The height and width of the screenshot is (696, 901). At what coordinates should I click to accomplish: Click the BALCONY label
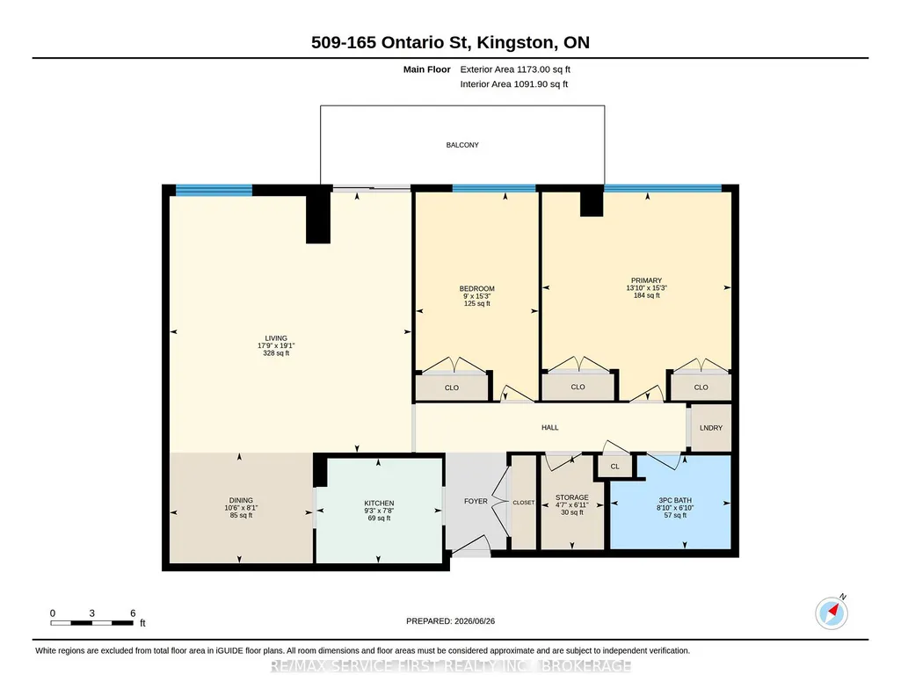462,145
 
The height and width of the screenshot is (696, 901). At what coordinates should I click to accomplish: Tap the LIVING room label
276,338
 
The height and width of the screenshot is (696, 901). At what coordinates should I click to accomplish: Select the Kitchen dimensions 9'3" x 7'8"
379,511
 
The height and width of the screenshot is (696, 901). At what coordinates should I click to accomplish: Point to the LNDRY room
711,428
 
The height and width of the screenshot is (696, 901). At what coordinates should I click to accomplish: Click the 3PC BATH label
675,500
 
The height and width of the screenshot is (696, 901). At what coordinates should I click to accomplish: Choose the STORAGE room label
571,497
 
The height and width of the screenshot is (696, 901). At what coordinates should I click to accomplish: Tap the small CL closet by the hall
614,466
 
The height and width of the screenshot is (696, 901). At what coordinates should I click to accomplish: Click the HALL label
550,428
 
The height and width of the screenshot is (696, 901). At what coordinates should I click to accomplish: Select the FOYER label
476,501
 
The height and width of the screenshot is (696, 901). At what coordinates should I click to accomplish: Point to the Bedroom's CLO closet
452,388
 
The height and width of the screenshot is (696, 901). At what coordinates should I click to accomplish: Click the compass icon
832,613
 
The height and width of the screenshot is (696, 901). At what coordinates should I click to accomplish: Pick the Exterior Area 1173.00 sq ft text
515,69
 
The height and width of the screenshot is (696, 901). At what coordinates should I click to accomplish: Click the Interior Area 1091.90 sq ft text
513,83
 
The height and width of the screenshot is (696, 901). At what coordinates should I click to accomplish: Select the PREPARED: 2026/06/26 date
450,620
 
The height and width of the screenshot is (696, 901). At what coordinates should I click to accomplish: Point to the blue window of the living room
214,191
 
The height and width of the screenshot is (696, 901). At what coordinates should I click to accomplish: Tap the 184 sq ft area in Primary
646,295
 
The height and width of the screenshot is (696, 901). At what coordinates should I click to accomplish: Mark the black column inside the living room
318,217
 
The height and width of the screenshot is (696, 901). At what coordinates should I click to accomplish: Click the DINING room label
241,500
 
